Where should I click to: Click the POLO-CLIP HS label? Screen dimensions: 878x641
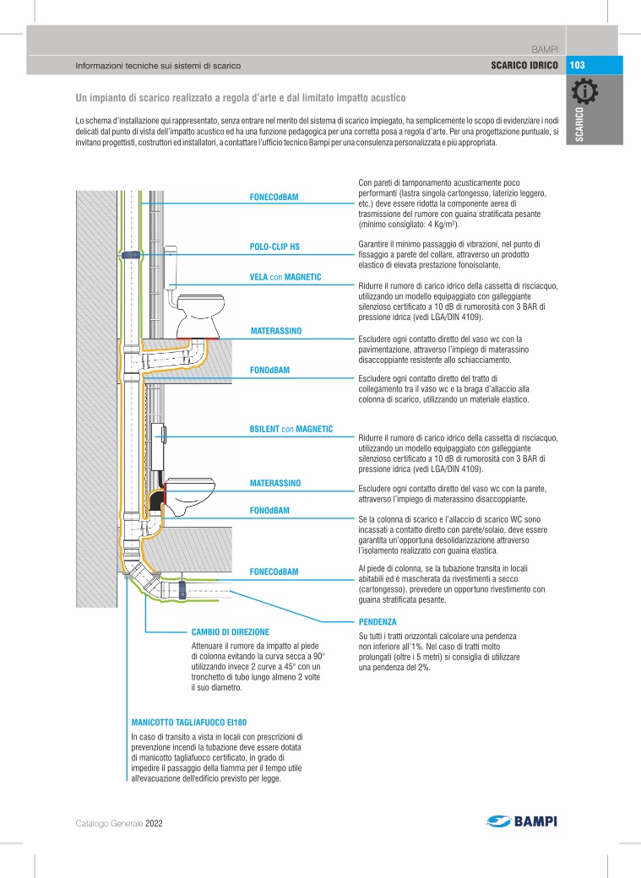[x=274, y=247]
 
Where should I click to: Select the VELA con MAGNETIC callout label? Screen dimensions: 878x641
[x=285, y=277]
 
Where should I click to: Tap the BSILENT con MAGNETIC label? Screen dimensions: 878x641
[x=291, y=429]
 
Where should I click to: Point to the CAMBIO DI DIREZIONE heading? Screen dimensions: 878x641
[x=230, y=631]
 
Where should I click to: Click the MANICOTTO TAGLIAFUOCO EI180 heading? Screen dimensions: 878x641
[x=188, y=724]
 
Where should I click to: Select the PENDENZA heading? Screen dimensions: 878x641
[x=377, y=621]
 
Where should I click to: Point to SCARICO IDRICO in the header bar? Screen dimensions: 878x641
[x=524, y=65]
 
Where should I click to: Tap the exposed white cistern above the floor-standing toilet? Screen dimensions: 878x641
[x=172, y=265]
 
